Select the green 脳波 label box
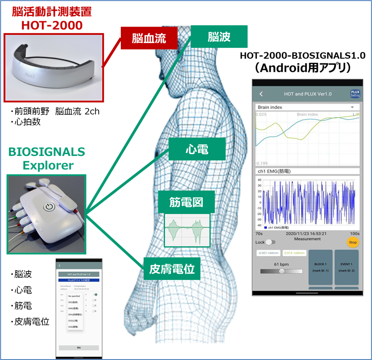[219, 36]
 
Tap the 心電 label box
[197, 149]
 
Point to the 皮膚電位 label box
[172, 268]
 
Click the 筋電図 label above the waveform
[186, 202]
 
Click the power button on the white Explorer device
[49, 206]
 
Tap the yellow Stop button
[353, 242]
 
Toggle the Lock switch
[270, 242]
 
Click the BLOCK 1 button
[320, 267]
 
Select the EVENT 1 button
[346, 267]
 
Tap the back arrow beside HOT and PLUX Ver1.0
[261, 94]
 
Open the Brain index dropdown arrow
[352, 107]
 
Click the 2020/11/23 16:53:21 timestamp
[306, 233]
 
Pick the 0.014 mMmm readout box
[294, 253]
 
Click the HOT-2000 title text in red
[52, 25]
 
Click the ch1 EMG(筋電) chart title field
[307, 171]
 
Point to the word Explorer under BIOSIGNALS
[48, 165]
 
